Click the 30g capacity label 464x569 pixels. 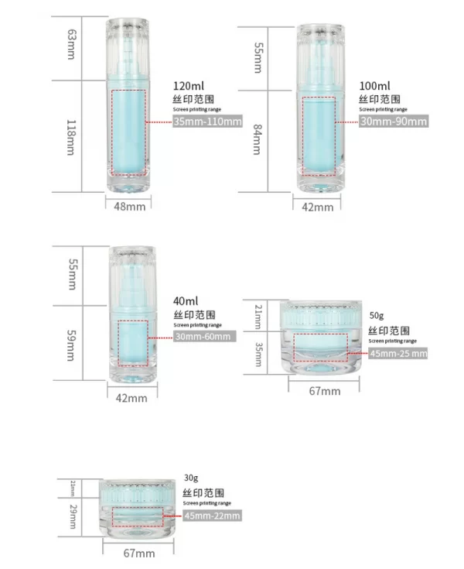point(191,478)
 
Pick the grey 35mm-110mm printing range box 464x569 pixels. point(208,122)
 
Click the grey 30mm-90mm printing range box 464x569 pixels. point(394,122)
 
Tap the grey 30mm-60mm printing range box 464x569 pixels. point(203,336)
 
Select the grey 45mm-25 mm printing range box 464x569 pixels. point(398,353)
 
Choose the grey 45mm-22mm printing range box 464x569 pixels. point(212,516)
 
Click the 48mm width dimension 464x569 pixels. point(128,207)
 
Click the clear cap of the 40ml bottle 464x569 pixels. point(131,275)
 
